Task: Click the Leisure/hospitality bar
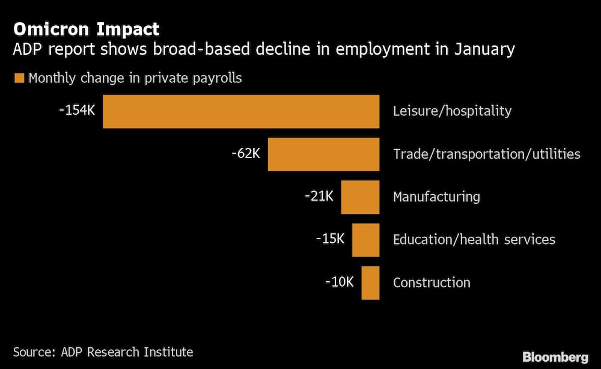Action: pos(240,111)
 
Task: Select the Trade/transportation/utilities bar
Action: pos(323,154)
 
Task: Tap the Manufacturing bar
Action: pos(360,197)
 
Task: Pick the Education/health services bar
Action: pos(365,240)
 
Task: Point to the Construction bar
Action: pos(370,282)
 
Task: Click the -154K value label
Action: pos(77,111)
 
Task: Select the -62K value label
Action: pos(245,153)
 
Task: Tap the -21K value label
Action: pos(319,196)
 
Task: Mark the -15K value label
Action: pos(330,239)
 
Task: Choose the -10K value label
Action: pos(340,281)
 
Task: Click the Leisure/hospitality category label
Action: pos(452,111)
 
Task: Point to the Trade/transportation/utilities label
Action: pos(486,154)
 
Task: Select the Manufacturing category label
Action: pos(436,197)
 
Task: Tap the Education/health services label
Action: pos(474,240)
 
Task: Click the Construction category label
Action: pos(432,282)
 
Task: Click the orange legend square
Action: pos(19,78)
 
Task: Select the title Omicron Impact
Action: pos(87,29)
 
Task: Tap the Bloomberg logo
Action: pos(555,357)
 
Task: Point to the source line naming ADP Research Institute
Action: pos(103,352)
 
